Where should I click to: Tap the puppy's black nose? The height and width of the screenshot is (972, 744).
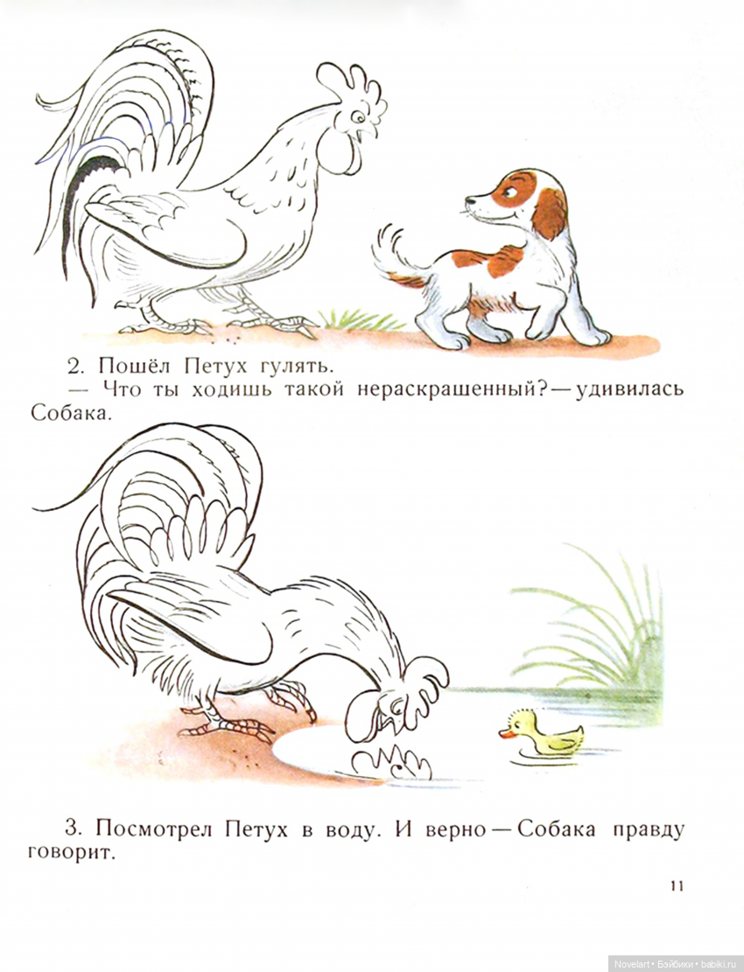pyautogui.click(x=469, y=199)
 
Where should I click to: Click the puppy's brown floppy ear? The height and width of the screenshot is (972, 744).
pyautogui.click(x=550, y=212)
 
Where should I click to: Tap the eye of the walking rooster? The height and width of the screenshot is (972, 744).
pyautogui.click(x=357, y=115)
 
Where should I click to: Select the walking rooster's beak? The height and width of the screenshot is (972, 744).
pyautogui.click(x=369, y=132)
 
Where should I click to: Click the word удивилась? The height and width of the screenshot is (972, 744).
pyautogui.click(x=629, y=390)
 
